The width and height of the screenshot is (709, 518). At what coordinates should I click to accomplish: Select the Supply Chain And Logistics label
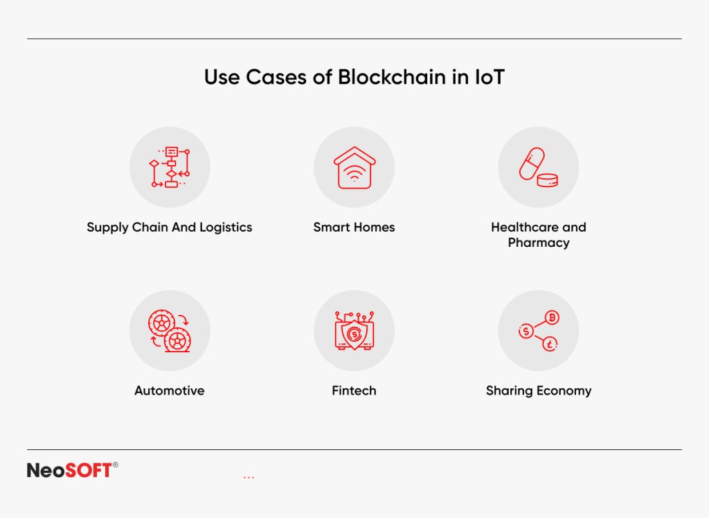[x=170, y=227]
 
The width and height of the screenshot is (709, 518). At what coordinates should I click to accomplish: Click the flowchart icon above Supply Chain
[x=170, y=167]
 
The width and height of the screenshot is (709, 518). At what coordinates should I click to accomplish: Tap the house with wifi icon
[x=354, y=167]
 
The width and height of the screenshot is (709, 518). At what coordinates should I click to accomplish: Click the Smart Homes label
[x=354, y=227]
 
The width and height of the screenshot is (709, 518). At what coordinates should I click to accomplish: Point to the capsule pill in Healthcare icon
[x=532, y=164]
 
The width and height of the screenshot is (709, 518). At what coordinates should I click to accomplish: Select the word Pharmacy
[x=539, y=243]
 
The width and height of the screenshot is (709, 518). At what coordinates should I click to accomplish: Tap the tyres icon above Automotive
[x=170, y=331]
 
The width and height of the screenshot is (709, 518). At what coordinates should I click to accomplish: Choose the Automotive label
[x=170, y=391]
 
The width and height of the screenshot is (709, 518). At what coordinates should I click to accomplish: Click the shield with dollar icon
[x=354, y=334]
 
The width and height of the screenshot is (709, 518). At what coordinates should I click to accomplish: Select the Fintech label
[x=354, y=391]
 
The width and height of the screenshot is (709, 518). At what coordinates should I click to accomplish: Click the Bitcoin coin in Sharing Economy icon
[x=552, y=318]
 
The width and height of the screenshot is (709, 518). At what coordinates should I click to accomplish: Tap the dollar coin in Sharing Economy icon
[x=526, y=331]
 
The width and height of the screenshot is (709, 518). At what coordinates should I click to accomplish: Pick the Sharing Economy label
[x=539, y=391]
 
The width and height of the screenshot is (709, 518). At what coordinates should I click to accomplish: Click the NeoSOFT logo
[x=69, y=470]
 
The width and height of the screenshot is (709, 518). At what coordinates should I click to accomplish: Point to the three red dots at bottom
[x=249, y=478]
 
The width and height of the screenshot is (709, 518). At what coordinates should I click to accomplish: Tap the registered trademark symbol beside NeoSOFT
[x=115, y=465]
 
